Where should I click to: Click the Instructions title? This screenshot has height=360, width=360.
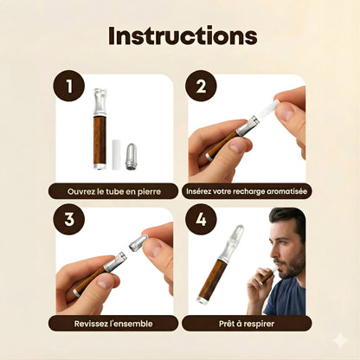[183, 35]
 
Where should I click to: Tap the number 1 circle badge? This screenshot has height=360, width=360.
[68, 86]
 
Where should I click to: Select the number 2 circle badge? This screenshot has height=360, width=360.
[201, 86]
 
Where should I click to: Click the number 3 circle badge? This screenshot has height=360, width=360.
[68, 219]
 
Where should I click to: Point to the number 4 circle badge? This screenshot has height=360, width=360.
[201, 219]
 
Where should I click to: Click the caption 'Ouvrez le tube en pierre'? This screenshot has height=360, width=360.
[113, 191]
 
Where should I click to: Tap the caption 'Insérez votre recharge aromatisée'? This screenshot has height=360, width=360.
[247, 191]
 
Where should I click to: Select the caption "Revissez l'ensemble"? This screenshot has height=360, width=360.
[113, 324]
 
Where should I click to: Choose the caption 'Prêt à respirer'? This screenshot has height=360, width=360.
[247, 324]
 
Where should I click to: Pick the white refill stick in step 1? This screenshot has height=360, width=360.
[116, 155]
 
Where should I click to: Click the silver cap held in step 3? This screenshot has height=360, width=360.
[138, 242]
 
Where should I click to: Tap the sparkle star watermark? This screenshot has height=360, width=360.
[340, 341]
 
